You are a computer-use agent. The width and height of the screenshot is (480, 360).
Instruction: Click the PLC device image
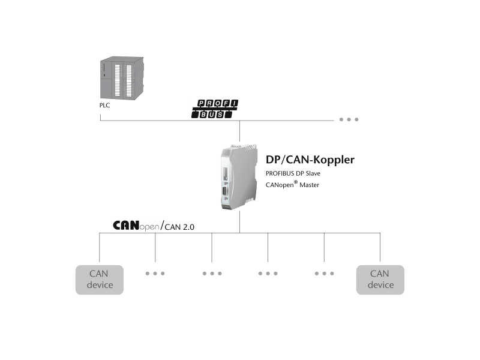121,79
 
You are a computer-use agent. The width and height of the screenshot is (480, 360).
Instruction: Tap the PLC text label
105,105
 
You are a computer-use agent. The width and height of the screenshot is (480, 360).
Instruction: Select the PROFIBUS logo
215,109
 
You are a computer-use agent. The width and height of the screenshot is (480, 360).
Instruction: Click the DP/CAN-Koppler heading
310,160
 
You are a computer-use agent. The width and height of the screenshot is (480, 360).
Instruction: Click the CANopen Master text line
293,185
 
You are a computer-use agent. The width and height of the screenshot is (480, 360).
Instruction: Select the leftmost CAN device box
100,280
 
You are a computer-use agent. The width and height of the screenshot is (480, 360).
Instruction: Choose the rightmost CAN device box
380,280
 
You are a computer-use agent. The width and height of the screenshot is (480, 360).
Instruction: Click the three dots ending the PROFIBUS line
349,119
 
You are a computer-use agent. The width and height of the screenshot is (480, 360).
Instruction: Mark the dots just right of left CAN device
155,273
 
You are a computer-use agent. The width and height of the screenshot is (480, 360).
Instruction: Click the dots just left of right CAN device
324,273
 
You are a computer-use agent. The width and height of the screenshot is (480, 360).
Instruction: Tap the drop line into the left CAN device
100,248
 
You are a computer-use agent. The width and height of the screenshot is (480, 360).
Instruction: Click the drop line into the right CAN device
380,248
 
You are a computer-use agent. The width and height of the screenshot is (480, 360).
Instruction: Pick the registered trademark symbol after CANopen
296,182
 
